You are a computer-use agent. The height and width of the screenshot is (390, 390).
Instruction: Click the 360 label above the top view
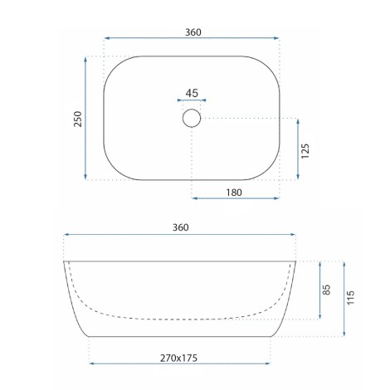point(193,32)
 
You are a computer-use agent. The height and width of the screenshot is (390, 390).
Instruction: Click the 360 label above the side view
point(181,227)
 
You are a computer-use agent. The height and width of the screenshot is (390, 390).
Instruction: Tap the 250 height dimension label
point(78,119)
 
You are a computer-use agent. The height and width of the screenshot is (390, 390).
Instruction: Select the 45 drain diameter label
point(192,93)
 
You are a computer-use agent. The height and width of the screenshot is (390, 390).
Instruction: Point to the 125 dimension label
point(305,151)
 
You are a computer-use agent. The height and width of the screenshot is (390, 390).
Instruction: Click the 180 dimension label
point(234,193)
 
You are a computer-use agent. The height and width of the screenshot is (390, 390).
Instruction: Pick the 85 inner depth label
point(327,290)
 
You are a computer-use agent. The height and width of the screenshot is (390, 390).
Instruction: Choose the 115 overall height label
point(350,298)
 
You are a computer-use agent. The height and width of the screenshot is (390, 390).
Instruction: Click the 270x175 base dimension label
point(178,358)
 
